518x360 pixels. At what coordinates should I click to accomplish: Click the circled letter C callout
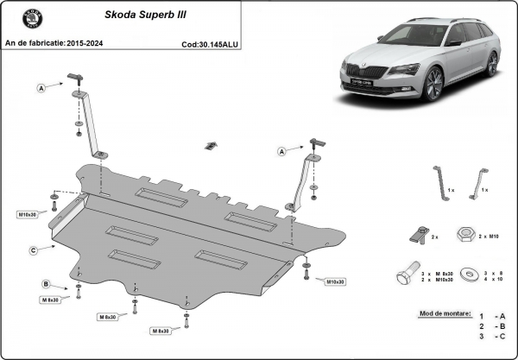(x=33, y=250)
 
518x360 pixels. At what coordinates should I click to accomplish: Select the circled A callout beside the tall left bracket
(x=40, y=87)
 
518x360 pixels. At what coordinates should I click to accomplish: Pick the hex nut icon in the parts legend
(x=463, y=234)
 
